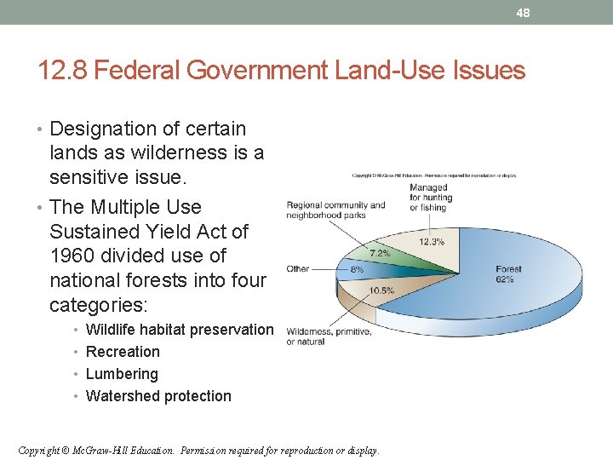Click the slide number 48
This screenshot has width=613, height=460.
523,13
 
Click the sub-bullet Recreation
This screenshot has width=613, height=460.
123,352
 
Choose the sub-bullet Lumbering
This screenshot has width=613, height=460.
122,374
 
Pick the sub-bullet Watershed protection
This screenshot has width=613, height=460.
158,396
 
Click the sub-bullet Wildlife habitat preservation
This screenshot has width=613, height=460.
180,330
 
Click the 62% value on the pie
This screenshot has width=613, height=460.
505,279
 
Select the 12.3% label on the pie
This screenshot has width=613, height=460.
431,242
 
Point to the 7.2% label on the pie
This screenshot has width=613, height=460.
379,253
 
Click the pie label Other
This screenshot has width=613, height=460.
298,268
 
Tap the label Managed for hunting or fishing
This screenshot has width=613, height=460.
430,198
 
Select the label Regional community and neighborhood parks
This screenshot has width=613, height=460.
335,210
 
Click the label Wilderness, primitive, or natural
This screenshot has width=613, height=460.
329,336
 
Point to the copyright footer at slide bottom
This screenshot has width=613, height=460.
198,450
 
